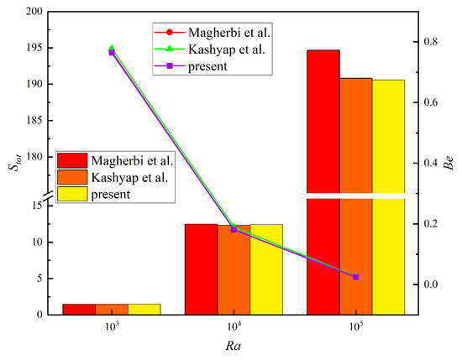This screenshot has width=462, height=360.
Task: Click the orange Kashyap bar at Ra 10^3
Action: pyautogui.click(x=112, y=309)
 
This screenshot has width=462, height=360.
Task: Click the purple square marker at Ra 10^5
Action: pyautogui.click(x=356, y=277)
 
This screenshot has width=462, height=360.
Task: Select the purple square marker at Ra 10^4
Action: pyautogui.click(x=234, y=229)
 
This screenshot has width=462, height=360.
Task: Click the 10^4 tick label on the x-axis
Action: pyautogui.click(x=234, y=326)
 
